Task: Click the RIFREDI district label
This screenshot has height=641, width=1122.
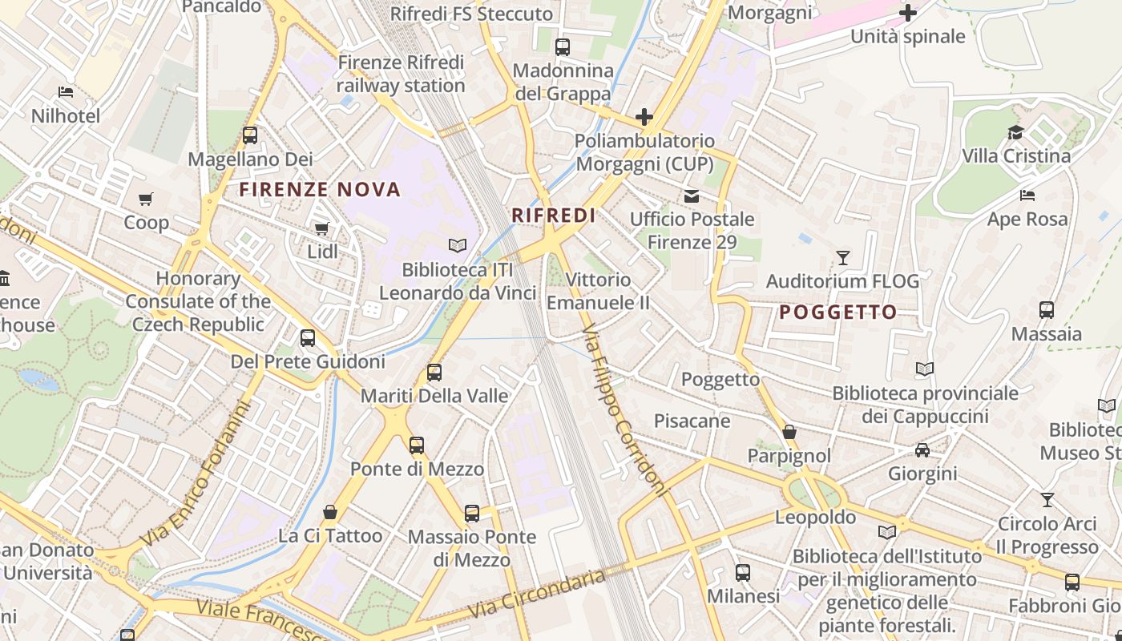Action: click(x=554, y=216)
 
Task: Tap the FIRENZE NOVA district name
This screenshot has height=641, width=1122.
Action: click(x=320, y=190)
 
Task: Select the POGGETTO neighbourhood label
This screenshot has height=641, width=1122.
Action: click(x=837, y=312)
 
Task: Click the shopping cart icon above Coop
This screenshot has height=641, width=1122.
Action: click(x=145, y=199)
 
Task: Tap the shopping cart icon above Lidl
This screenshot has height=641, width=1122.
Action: click(x=322, y=229)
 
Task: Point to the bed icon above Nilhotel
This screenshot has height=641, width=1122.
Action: click(x=66, y=93)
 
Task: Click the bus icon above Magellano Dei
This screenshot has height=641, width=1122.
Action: click(x=250, y=135)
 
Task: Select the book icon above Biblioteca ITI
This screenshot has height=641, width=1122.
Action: click(x=457, y=245)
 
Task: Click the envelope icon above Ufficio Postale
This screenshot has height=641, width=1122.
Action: click(x=691, y=196)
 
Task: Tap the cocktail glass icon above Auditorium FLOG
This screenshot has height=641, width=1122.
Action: click(x=842, y=257)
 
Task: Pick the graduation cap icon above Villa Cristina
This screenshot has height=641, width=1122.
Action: click(x=1015, y=132)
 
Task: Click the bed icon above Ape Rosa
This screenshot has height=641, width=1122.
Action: click(x=1027, y=196)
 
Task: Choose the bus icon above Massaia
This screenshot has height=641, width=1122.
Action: click(x=1046, y=310)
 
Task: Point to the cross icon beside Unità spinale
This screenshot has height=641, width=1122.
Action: click(x=907, y=13)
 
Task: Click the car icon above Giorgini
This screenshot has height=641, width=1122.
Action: click(x=922, y=450)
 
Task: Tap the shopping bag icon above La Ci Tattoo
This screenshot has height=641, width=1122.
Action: click(x=330, y=511)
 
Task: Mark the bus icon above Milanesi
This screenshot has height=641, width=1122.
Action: click(x=743, y=573)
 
